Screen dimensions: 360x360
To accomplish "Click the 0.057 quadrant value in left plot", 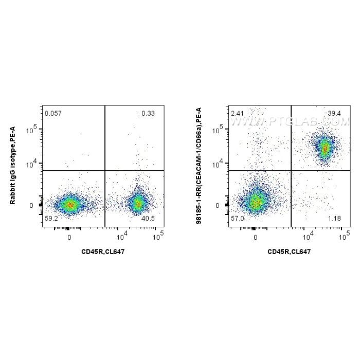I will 51,113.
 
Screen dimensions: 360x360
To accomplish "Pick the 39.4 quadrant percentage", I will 334,113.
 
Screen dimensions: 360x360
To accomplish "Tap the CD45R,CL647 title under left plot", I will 102,251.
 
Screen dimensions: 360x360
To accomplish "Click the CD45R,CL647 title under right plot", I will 289,251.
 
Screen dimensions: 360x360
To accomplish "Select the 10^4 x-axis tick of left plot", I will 121,237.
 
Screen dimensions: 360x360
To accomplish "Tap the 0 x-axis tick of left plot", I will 69,238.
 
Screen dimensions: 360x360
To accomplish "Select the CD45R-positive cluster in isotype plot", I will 138,203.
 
